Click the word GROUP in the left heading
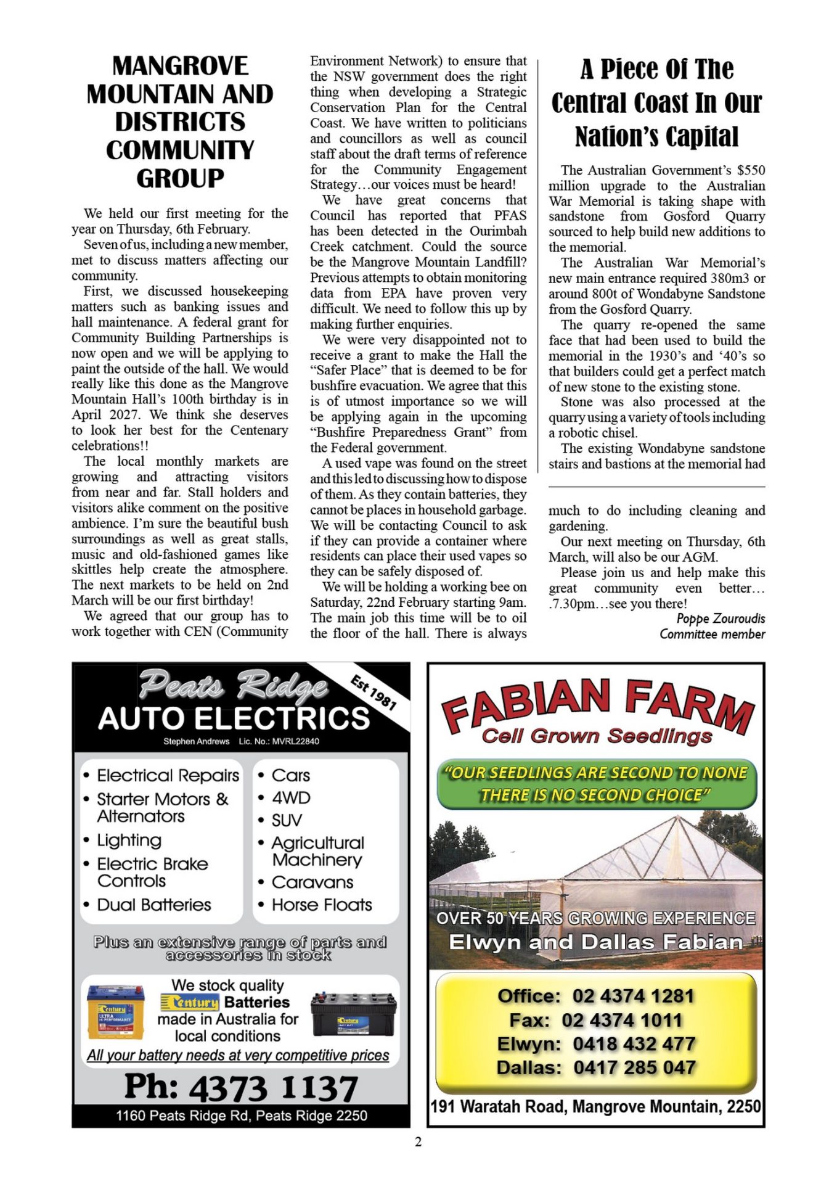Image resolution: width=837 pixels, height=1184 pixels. pyautogui.click(x=180, y=178)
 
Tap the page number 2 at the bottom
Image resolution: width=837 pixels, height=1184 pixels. pyautogui.click(x=418, y=1141)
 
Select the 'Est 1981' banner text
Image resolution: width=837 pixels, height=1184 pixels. pyautogui.click(x=374, y=692)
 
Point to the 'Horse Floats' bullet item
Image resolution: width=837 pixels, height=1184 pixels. pyautogui.click(x=322, y=905)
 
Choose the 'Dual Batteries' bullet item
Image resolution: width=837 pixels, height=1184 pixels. pyautogui.click(x=154, y=905)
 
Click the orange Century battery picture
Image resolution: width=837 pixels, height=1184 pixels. pyautogui.click(x=116, y=1012)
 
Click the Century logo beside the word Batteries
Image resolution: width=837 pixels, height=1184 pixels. pyautogui.click(x=190, y=1002)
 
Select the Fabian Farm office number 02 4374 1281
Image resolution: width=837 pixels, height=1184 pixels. pyautogui.click(x=633, y=996)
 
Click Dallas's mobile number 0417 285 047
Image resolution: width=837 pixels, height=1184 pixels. pyautogui.click(x=634, y=1067)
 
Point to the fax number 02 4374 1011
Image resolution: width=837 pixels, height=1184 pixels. pyautogui.click(x=622, y=1020)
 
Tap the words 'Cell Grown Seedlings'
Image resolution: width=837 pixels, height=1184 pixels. pyautogui.click(x=597, y=736)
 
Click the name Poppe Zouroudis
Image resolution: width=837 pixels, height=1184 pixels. pyautogui.click(x=721, y=619)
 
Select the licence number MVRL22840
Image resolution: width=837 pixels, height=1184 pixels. pyautogui.click(x=295, y=741)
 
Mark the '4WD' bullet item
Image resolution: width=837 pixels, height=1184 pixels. pyautogui.click(x=291, y=798)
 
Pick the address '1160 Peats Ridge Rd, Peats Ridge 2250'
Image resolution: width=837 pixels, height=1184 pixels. pyautogui.click(x=241, y=1116)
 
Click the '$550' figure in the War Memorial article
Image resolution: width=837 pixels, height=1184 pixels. pyautogui.click(x=751, y=170)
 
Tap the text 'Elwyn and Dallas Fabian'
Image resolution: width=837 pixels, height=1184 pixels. pyautogui.click(x=595, y=942)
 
